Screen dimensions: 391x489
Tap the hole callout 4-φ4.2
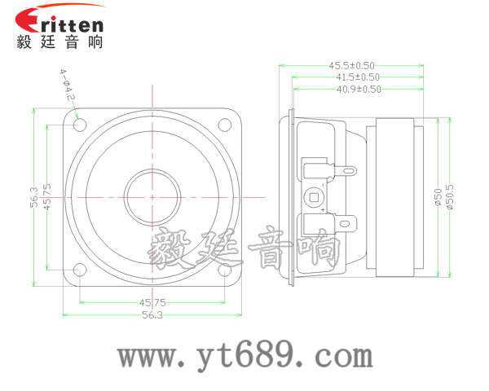(x=66, y=86)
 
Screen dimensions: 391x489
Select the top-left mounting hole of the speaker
(x=80, y=125)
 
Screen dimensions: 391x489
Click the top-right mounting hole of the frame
(x=222, y=125)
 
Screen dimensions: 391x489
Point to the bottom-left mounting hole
(x=80, y=270)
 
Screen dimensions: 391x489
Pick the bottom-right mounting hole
(x=222, y=270)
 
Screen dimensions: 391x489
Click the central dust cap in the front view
(x=152, y=197)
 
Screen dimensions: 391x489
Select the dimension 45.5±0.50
(x=351, y=65)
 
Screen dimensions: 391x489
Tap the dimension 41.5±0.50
(x=355, y=77)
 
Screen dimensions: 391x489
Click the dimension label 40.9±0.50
(x=359, y=90)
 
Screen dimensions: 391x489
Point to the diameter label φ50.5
(x=451, y=199)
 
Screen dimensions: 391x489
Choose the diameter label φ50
(x=438, y=199)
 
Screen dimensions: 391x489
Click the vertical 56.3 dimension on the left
(x=33, y=197)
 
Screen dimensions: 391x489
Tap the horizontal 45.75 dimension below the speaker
(x=152, y=302)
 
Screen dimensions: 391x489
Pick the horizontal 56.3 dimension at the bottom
(x=152, y=314)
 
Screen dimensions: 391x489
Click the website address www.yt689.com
(x=244, y=356)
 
